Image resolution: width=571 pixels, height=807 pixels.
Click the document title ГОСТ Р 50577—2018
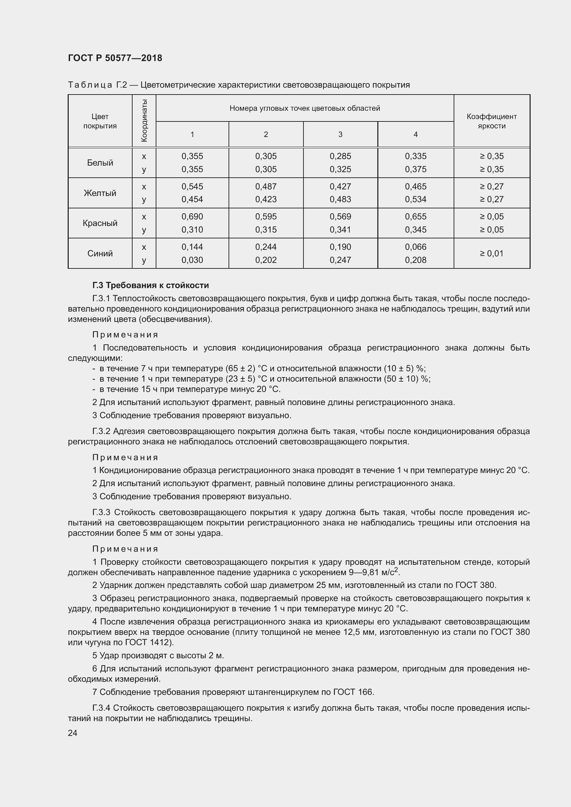point(115,58)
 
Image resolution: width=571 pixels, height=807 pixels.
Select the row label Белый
point(100,163)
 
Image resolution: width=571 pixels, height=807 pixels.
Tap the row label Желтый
point(100,193)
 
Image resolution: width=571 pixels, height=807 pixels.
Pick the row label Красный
point(100,223)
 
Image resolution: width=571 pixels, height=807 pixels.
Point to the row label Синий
point(100,254)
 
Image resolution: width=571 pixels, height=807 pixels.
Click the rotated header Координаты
point(144,120)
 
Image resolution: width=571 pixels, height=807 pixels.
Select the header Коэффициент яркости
point(492,121)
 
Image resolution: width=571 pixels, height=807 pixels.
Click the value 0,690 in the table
point(192,217)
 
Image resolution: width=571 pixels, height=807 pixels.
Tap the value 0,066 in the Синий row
point(415,247)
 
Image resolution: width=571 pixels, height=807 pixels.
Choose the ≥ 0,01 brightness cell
point(492,254)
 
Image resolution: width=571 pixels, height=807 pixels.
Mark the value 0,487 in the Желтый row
point(266,186)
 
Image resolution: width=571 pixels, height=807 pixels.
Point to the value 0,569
point(340,217)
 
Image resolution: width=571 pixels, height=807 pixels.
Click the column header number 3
point(340,134)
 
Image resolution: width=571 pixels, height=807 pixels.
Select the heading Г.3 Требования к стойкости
point(151,285)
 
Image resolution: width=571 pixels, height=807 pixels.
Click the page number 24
point(72,733)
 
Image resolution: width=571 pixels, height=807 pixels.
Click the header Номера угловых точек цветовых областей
point(304,108)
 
